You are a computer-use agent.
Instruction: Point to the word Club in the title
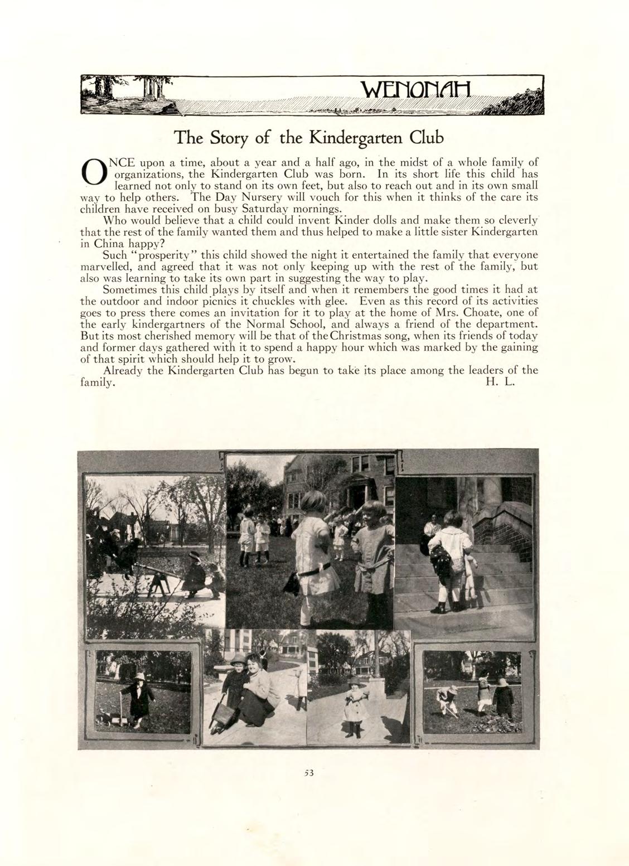(x=426, y=137)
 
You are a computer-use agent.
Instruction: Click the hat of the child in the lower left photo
(x=139, y=676)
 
